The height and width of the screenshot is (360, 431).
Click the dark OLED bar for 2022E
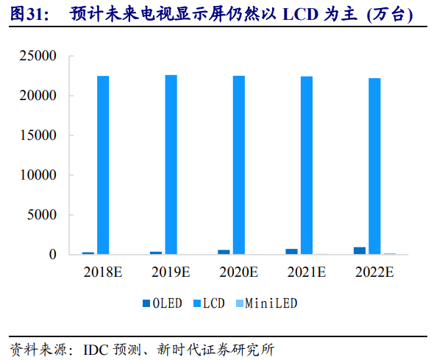pos(360,250)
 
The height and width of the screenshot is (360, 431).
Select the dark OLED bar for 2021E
pos(292,252)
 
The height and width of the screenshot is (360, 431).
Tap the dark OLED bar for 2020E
pos(224,252)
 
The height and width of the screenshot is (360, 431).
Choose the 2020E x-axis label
pos(239,272)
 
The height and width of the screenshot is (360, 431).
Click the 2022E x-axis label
pos(374,272)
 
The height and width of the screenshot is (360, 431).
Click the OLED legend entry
pos(165,303)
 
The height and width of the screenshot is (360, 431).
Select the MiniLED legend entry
pos(270,303)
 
